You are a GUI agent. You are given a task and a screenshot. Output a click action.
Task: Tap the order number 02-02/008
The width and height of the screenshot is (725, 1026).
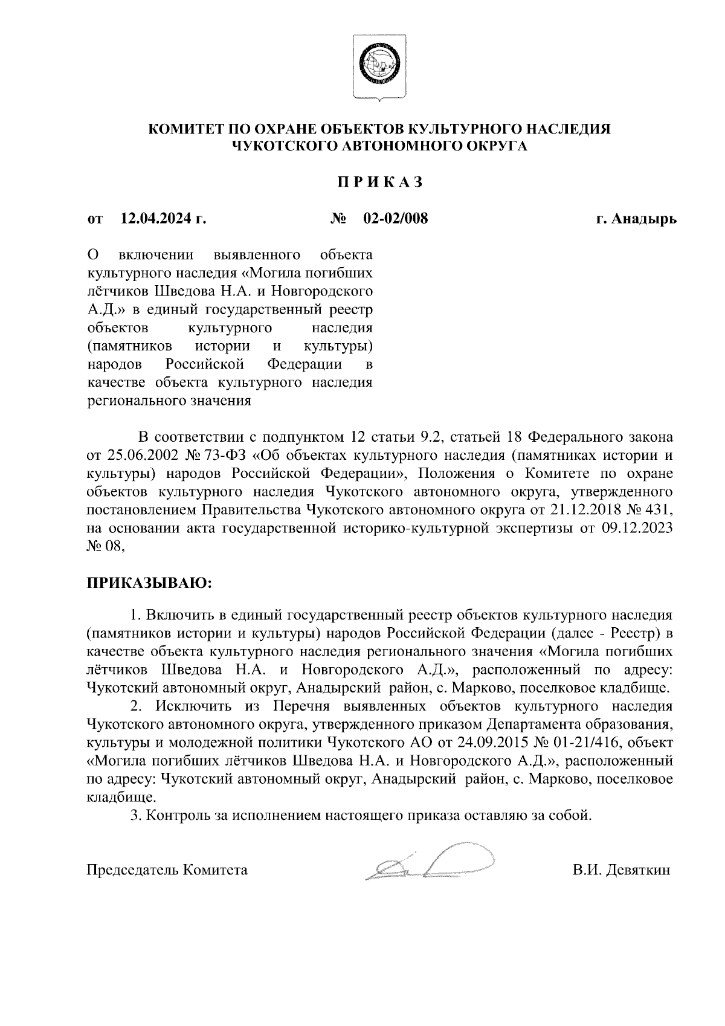[395, 218]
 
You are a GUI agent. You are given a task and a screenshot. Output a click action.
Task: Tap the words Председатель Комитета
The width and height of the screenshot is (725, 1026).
[167, 870]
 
